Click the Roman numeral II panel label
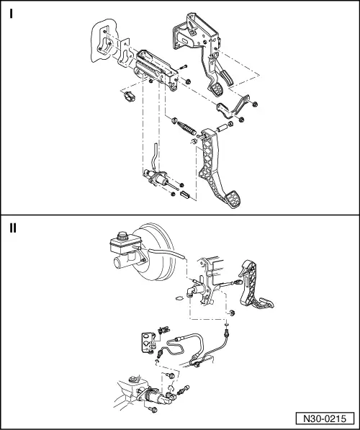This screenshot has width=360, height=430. pos(14,228)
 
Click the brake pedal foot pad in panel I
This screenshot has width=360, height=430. pos(218,89)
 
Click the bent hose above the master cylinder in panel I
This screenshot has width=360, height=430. pos(153,153)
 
